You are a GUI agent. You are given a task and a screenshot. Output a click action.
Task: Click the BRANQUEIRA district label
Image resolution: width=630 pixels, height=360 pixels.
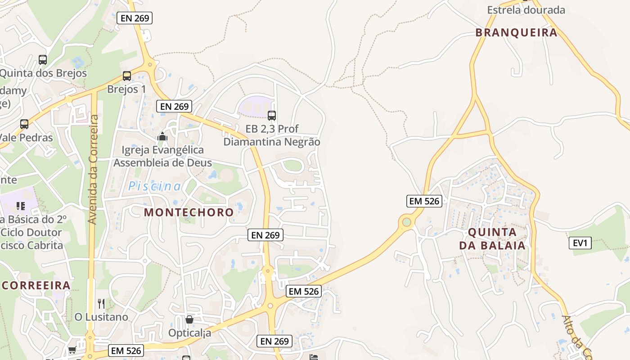click(516, 32)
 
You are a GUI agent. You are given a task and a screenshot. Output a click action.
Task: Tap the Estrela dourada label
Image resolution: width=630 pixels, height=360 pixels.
click(526, 9)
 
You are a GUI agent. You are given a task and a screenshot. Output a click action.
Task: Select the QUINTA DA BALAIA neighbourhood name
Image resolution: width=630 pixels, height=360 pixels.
click(492, 239)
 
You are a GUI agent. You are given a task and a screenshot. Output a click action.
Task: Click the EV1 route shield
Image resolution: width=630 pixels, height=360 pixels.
click(580, 243)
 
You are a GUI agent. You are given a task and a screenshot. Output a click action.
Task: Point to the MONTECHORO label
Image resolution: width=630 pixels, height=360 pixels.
click(189, 212)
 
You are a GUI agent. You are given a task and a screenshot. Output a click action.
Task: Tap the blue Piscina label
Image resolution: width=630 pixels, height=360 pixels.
click(155, 186)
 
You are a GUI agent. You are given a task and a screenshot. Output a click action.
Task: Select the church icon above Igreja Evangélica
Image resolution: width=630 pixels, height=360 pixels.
click(162, 136)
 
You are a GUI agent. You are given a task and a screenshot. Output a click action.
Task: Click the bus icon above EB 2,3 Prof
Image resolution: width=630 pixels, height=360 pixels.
click(271, 116)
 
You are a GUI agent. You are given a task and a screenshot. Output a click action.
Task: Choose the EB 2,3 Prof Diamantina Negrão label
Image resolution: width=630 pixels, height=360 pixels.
click(272, 135)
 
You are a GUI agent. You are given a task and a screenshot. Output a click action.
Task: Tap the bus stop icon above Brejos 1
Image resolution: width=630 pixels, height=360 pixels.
click(127, 76)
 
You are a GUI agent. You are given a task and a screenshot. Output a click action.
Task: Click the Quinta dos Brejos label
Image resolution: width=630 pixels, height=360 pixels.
click(44, 73)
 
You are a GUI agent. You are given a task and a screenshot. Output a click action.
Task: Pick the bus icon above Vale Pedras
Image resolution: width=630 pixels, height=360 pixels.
click(24, 124)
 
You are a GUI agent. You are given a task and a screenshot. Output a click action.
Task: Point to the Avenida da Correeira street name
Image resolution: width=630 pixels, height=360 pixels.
click(93, 170)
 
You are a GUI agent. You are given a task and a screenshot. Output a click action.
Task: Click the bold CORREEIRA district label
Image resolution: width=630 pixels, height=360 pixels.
click(36, 285)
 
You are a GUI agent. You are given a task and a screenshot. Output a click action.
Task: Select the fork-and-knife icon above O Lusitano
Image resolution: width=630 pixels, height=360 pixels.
click(101, 303)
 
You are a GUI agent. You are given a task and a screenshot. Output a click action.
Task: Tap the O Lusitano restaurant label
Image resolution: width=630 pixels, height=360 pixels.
click(101, 317)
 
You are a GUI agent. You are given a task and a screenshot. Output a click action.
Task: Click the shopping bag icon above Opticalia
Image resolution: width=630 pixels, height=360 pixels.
click(189, 319)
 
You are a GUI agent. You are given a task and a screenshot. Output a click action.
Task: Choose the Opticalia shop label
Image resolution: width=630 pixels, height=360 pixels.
click(189, 333)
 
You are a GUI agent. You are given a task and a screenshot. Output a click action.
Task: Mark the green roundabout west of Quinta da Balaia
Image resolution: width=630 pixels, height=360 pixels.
click(407, 222)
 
